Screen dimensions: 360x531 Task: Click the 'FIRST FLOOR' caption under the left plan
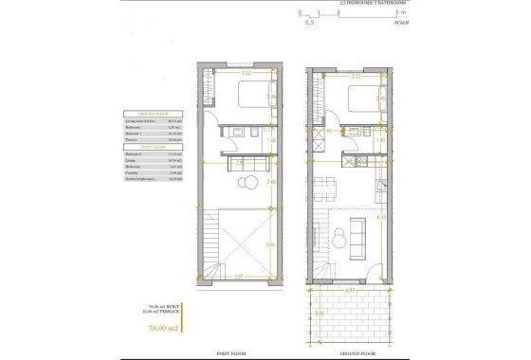237,350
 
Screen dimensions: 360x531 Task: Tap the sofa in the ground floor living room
359,234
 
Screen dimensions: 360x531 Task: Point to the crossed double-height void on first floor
247,242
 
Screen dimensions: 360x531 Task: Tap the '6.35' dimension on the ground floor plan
380,217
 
